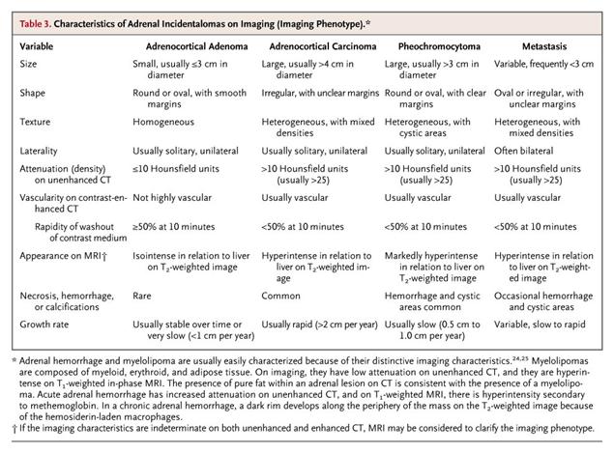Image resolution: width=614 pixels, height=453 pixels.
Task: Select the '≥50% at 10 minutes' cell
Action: tap(176, 227)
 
